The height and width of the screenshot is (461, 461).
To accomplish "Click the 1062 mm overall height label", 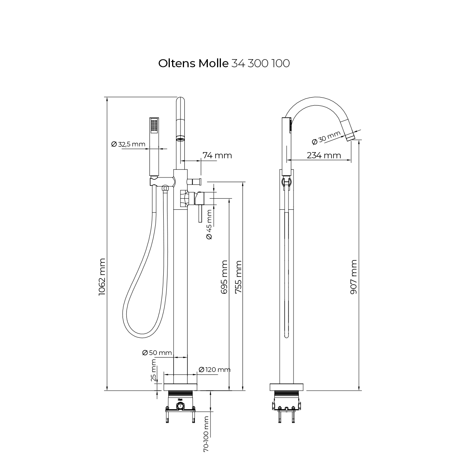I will point(102,277).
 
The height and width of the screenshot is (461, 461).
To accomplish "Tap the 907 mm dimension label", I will point(354,277).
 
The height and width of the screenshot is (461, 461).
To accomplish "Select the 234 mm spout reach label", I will point(324,155).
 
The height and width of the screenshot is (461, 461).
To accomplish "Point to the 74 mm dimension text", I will point(217,155).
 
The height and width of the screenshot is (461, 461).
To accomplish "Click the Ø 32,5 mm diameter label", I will point(128,144).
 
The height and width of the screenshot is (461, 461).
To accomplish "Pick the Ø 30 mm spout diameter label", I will point(327,138).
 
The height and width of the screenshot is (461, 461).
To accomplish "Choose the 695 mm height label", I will point(225,277).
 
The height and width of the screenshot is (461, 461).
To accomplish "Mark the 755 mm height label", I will point(239,277).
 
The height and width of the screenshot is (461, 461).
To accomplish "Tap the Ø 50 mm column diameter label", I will point(157,353).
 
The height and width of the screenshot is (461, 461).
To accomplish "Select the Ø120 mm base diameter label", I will point(214,370).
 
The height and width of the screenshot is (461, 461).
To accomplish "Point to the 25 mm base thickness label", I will point(154,370).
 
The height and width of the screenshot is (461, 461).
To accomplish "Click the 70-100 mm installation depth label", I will point(206,433).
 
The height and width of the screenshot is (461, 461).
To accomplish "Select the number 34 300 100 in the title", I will point(266,63).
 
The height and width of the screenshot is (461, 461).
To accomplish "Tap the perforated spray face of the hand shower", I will point(154,126).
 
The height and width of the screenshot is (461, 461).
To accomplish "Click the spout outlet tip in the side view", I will point(350,137).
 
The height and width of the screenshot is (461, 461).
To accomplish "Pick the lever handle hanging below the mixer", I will point(199,213).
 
